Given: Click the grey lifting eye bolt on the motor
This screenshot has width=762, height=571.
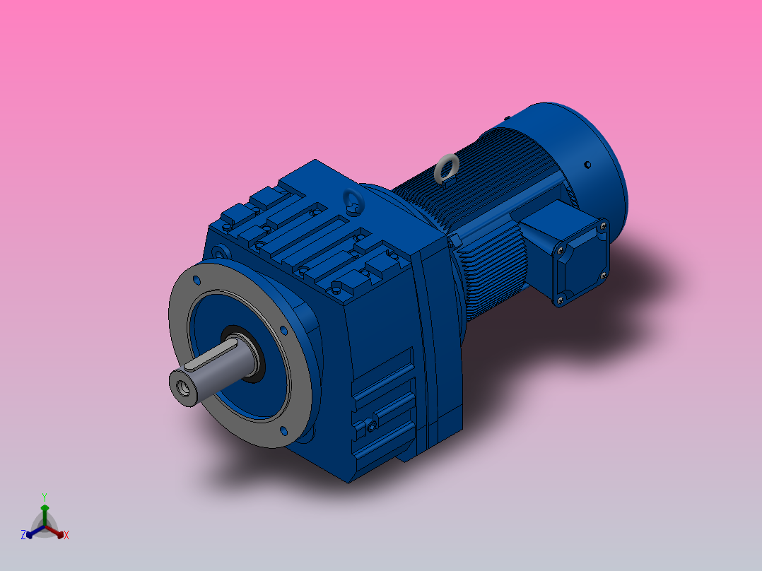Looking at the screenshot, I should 446,168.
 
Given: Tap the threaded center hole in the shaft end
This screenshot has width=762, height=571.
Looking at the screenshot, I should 186,387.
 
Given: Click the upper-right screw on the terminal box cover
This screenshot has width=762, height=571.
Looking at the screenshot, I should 602,226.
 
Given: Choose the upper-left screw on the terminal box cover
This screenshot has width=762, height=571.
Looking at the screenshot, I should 560,249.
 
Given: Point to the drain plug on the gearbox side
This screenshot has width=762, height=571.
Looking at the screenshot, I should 370,426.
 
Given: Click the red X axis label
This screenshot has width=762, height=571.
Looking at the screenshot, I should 66,536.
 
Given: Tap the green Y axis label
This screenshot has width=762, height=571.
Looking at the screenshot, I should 44,497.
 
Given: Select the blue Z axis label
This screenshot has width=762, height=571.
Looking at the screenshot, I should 23,536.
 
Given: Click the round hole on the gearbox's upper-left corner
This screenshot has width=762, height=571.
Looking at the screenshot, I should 219,252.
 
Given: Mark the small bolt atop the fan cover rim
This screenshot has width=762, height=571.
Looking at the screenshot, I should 506,117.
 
